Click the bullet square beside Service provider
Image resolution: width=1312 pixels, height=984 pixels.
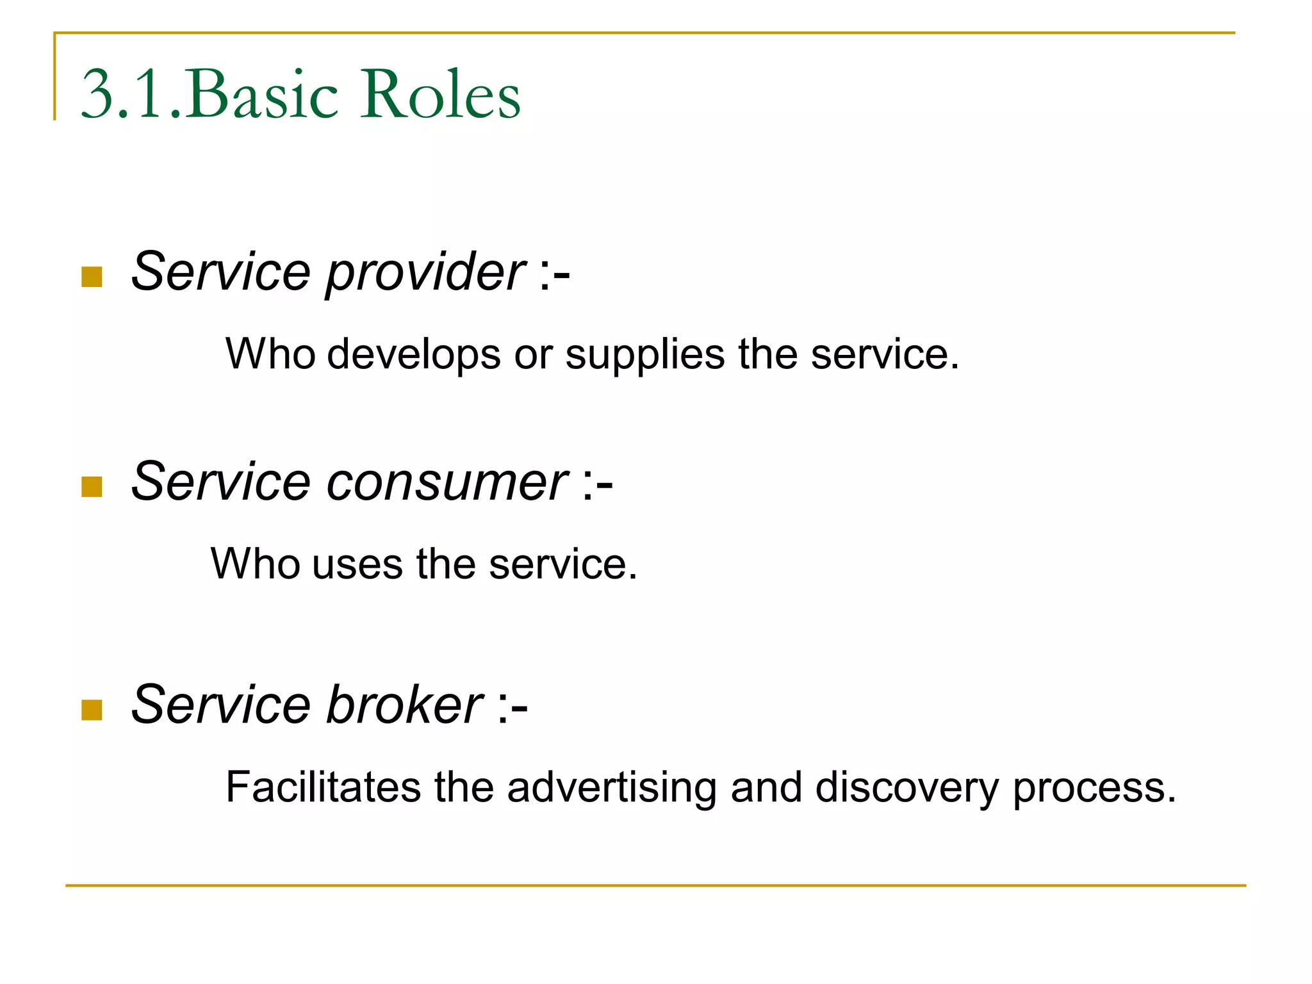92,277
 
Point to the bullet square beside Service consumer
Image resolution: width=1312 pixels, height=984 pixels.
92,487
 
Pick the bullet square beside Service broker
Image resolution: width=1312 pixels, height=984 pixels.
92,710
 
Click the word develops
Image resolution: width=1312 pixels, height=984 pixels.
414,354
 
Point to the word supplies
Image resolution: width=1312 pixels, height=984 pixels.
645,354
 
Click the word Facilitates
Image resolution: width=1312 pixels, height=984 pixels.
324,787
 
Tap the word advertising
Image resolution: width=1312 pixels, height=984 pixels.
612,787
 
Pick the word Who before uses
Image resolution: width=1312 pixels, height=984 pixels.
255,564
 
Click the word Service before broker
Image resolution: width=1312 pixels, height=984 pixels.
221,705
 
